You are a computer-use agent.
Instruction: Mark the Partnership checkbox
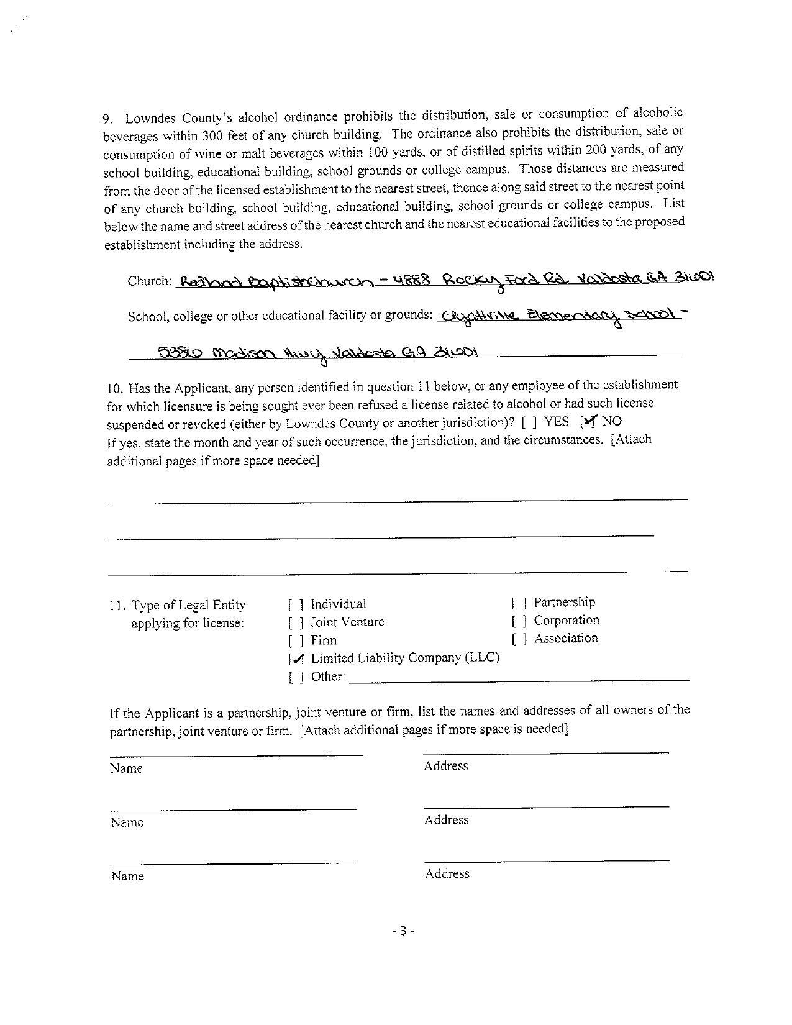520,603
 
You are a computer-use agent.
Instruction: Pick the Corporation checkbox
520,621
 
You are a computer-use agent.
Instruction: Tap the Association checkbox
520,639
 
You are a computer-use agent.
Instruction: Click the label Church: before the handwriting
149,281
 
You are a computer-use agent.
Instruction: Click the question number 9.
107,119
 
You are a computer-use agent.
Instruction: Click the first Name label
127,768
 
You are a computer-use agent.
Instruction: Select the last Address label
447,874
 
